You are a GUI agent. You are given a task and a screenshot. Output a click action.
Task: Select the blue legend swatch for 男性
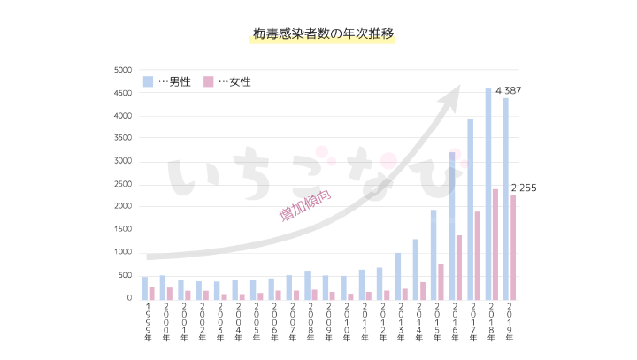coord(149,81)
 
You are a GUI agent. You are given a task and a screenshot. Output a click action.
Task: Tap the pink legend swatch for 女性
coord(209,81)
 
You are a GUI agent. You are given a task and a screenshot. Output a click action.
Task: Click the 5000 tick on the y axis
coord(122,70)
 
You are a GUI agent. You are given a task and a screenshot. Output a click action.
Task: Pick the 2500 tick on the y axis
coord(122,184)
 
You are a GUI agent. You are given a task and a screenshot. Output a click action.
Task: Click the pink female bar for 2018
coord(495,243)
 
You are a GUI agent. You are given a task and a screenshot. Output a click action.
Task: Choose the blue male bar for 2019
coord(505,198)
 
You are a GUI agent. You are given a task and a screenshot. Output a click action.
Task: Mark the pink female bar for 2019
coord(513,247)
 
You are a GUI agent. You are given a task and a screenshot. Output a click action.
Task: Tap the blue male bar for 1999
coord(145,287)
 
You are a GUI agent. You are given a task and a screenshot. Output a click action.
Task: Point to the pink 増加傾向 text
coord(304,204)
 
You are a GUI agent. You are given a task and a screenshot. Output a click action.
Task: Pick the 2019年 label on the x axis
coord(510,324)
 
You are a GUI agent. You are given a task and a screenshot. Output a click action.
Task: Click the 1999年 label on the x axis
coord(148,324)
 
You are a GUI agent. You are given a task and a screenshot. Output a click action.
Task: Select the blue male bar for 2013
coord(397,275)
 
